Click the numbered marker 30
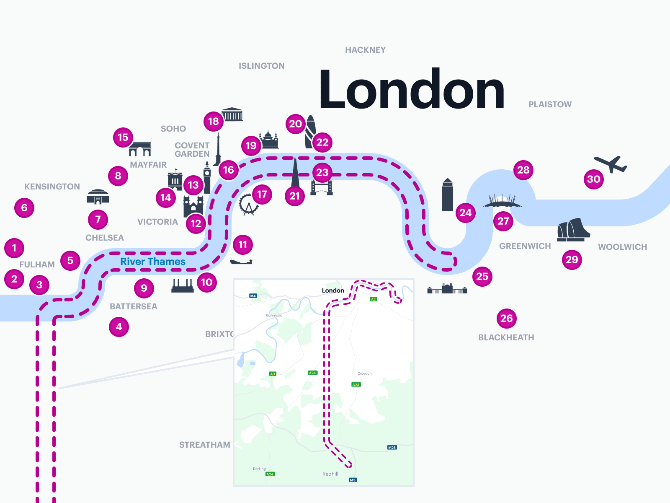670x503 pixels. click(594, 179)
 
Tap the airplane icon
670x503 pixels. click(611, 164)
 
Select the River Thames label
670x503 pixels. click(153, 262)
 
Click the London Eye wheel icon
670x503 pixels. click(248, 204)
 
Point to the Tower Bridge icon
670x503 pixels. click(322, 187)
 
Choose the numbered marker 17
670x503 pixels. click(262, 194)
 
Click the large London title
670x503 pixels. click(412, 89)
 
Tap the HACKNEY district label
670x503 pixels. click(365, 50)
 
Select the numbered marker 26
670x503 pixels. click(507, 319)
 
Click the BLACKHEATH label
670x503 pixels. click(506, 337)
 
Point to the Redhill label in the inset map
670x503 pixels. click(330, 474)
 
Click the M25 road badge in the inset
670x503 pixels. click(392, 448)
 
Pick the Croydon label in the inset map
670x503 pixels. click(364, 373)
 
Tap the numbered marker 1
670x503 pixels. click(14, 248)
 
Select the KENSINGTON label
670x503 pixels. click(52, 187)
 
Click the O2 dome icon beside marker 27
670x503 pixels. click(502, 201)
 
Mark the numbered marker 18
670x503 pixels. click(214, 122)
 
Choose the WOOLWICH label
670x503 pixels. click(622, 247)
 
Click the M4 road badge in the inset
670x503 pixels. click(253, 296)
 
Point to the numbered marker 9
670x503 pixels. click(144, 288)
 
